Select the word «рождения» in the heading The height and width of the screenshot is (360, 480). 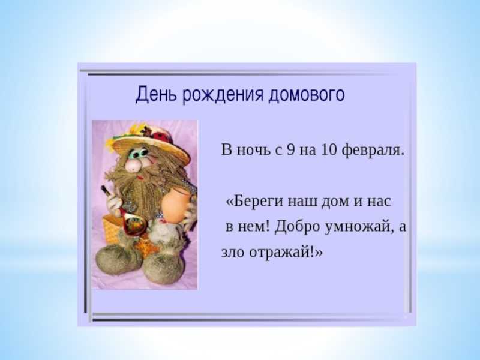(223, 95)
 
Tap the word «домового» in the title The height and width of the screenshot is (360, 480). (307, 95)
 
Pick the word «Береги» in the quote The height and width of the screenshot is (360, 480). (254, 202)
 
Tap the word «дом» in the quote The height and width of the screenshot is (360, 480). (335, 202)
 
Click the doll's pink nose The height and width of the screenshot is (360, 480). (134, 166)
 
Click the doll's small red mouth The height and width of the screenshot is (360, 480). (140, 177)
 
